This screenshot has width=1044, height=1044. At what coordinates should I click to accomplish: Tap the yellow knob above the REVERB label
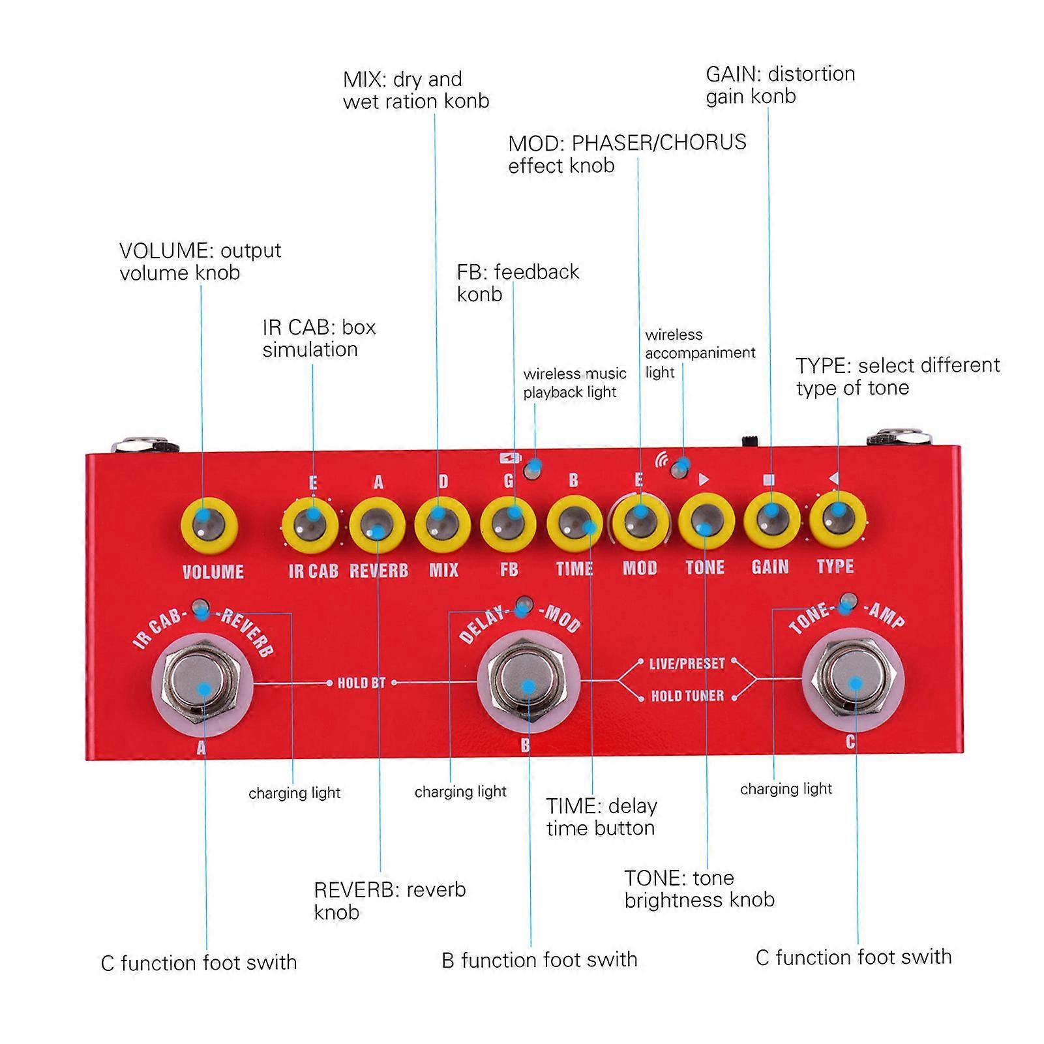coord(377,526)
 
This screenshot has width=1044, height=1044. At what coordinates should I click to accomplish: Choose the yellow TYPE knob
coord(837,519)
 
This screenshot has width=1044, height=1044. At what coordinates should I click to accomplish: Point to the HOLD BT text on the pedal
coord(361,683)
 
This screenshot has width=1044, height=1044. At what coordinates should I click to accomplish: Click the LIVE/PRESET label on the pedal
coord(687,663)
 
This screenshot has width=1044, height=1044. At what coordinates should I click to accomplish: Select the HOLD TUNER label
coord(687,696)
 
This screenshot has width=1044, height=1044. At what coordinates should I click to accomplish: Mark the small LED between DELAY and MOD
coord(524,603)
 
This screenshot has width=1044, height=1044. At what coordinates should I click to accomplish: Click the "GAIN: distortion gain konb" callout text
coord(780,85)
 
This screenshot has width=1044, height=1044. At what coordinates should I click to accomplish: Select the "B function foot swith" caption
coord(539,959)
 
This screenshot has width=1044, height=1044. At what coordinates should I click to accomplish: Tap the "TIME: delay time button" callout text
coord(601,816)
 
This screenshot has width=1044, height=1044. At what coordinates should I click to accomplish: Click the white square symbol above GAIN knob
coord(768,479)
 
